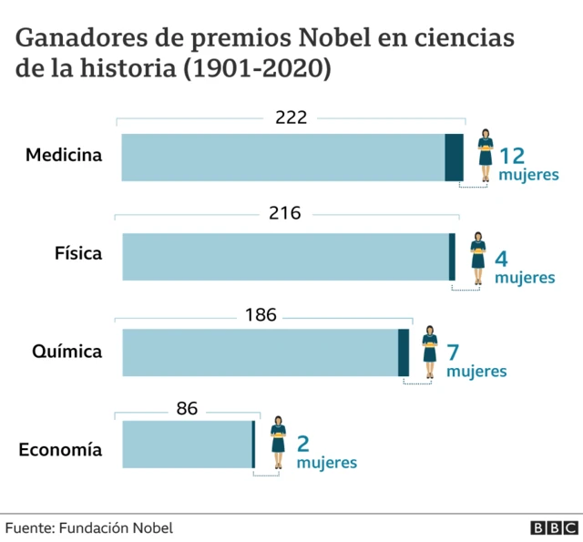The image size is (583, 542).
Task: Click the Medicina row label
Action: [x=64, y=156]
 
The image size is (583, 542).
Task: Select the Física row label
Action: [x=78, y=254]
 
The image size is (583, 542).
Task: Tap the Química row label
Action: [x=66, y=352]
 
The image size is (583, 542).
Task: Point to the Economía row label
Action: [x=60, y=450]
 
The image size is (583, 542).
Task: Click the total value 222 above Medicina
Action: [x=291, y=117]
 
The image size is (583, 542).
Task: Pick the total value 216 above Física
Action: [x=285, y=214]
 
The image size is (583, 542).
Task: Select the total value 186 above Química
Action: [x=261, y=314]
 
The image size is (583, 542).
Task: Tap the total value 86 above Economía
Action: [x=187, y=409]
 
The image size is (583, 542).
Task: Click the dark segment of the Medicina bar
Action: [x=454, y=157]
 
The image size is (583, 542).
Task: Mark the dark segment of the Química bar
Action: [x=404, y=353]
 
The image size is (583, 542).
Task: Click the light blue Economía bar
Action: [x=187, y=445]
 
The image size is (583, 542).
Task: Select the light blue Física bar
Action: [x=285, y=256]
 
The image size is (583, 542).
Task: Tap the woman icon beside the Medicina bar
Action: [x=486, y=154]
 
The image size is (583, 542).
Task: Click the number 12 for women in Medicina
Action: [x=515, y=154]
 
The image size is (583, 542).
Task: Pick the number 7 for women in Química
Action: [x=454, y=353]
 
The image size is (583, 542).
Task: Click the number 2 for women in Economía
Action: [x=303, y=444]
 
